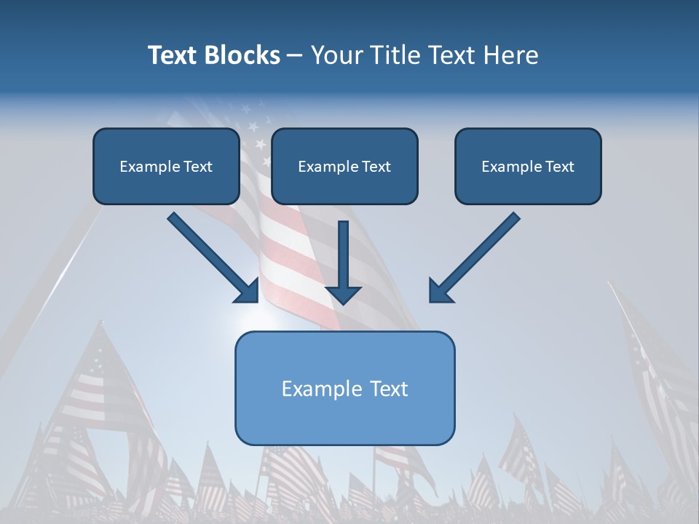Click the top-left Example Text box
point(166,167)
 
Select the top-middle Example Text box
point(344,167)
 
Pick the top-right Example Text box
point(528,167)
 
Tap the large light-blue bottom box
point(344,388)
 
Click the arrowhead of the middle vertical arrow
point(344,293)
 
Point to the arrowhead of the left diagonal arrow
point(248,290)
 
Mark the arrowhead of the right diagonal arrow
point(440,290)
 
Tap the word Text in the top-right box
point(559,167)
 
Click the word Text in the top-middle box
point(376,167)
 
